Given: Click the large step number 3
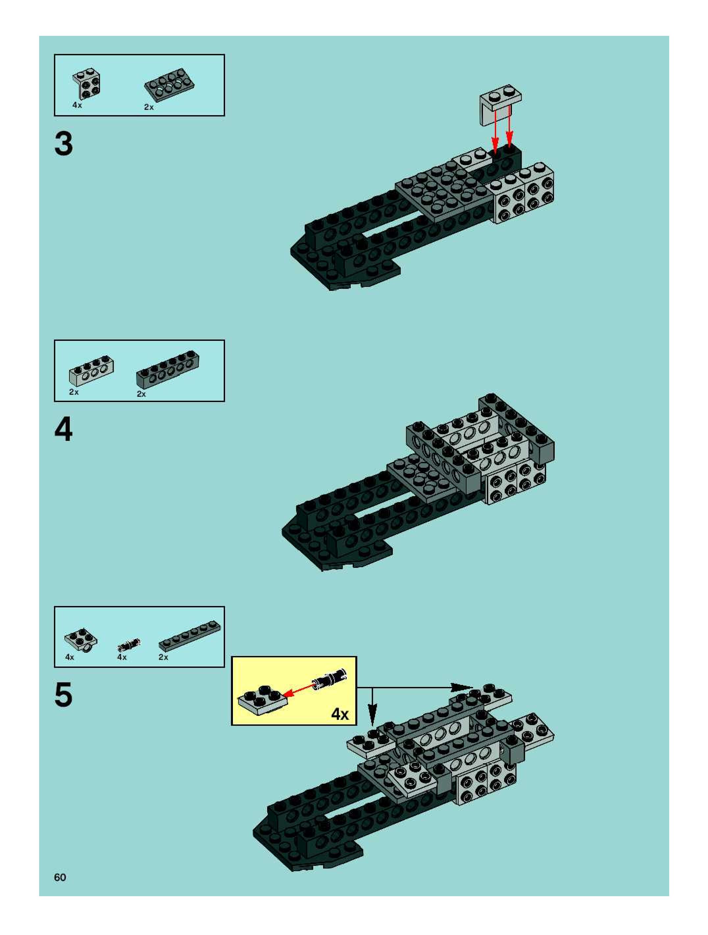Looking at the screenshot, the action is point(63,144).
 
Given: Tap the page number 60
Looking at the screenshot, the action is point(60,877).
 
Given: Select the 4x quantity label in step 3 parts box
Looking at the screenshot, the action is point(77,105).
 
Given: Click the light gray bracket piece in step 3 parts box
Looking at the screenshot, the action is point(87,83).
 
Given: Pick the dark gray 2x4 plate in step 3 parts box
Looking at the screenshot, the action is point(169,85).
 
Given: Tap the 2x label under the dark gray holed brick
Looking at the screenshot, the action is point(141,394).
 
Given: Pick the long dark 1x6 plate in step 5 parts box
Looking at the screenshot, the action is point(190,636).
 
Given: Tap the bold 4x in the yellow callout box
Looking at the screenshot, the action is point(340,714).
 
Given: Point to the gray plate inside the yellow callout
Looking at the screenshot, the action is point(262,699).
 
